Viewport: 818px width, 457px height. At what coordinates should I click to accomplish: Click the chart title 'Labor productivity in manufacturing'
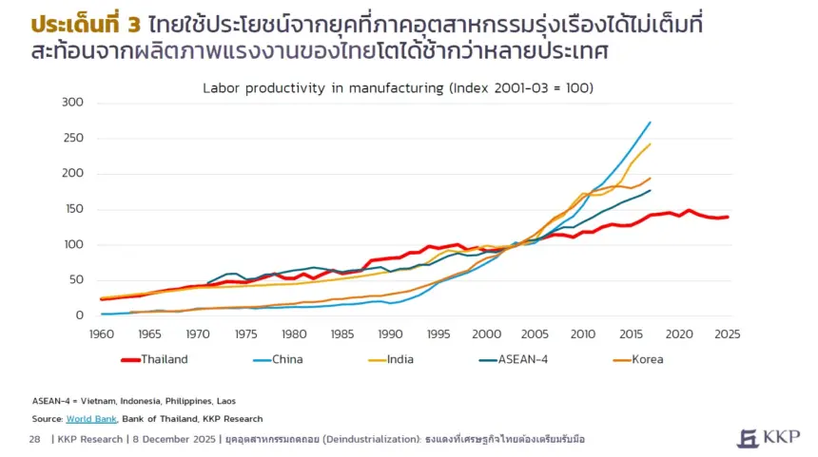(398, 87)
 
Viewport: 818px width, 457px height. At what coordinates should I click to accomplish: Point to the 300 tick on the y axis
(72, 102)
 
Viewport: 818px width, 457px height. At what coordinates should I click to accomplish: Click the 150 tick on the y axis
(72, 209)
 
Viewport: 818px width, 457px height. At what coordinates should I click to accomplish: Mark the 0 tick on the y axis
(80, 315)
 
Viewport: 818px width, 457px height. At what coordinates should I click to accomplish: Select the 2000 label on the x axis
(487, 334)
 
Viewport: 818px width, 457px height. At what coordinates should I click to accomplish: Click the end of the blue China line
(651, 122)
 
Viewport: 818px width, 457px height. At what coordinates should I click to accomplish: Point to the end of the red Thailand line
(729, 217)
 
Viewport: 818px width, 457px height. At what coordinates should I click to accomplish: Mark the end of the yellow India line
(651, 144)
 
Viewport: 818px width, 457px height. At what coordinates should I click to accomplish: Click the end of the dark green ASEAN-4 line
(651, 190)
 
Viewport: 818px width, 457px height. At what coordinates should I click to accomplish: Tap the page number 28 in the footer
(34, 439)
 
